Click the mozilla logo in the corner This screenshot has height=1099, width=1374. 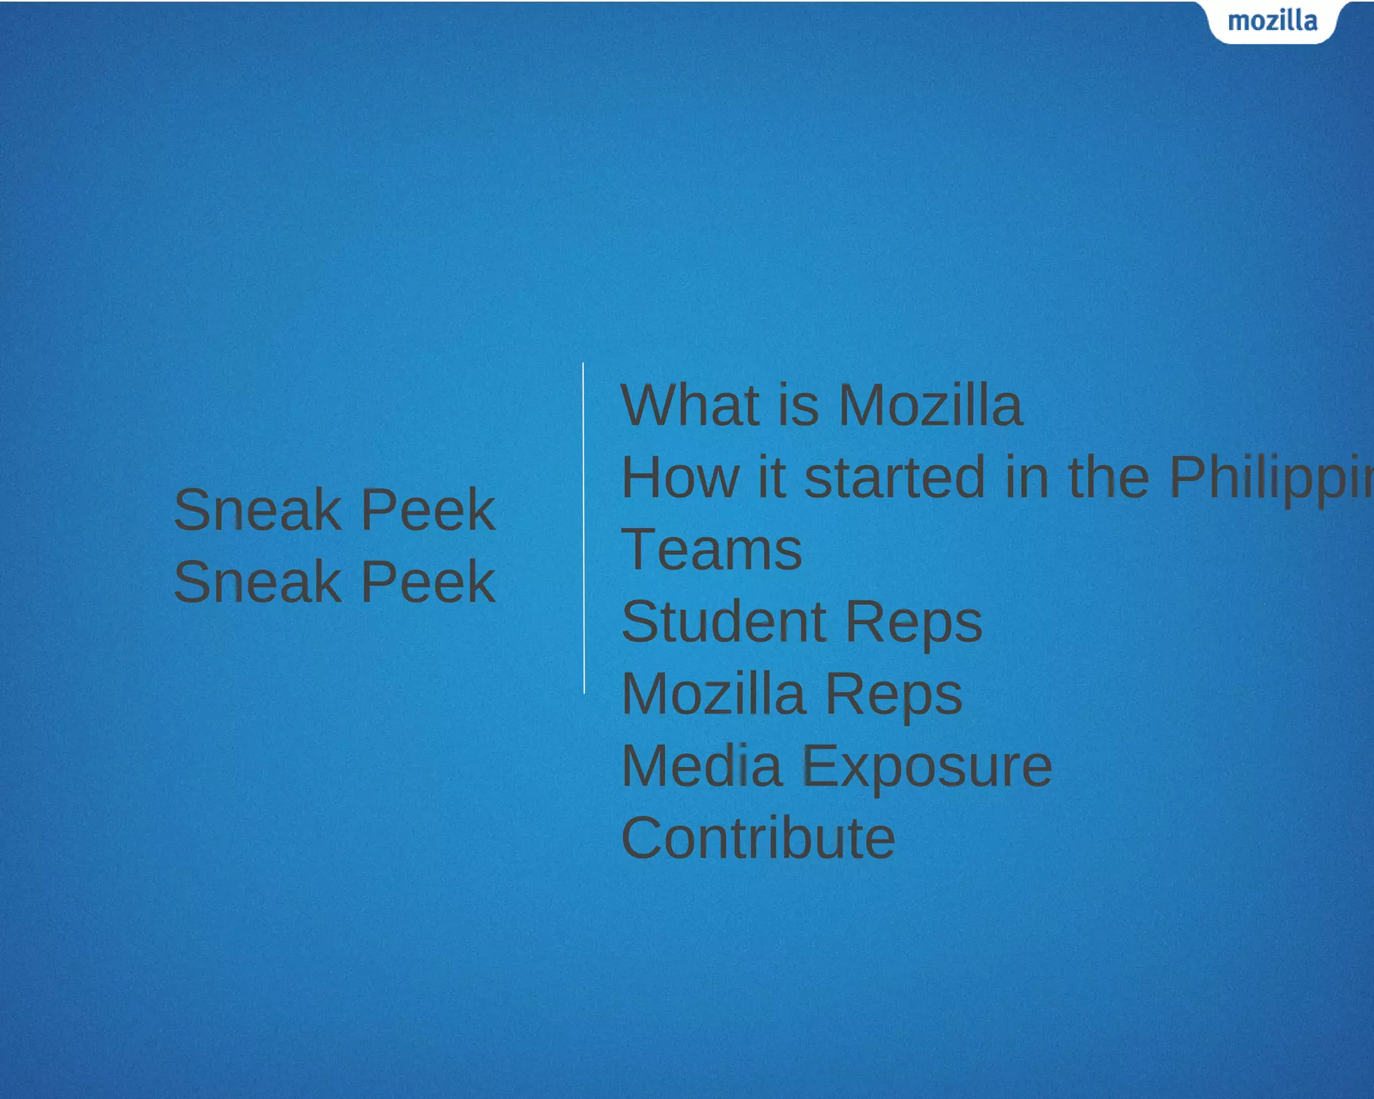(x=1272, y=21)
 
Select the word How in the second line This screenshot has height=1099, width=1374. (x=680, y=477)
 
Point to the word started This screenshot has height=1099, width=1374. (x=894, y=477)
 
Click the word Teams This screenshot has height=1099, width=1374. (x=712, y=549)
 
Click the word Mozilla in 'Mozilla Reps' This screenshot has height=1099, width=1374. (x=713, y=694)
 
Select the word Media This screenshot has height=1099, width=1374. (x=702, y=766)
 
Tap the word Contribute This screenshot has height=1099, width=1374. (x=758, y=838)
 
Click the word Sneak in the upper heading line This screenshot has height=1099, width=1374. (x=258, y=509)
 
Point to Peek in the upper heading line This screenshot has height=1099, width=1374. (x=428, y=509)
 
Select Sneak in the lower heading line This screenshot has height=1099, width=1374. (x=258, y=582)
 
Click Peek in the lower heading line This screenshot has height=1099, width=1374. (x=428, y=582)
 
